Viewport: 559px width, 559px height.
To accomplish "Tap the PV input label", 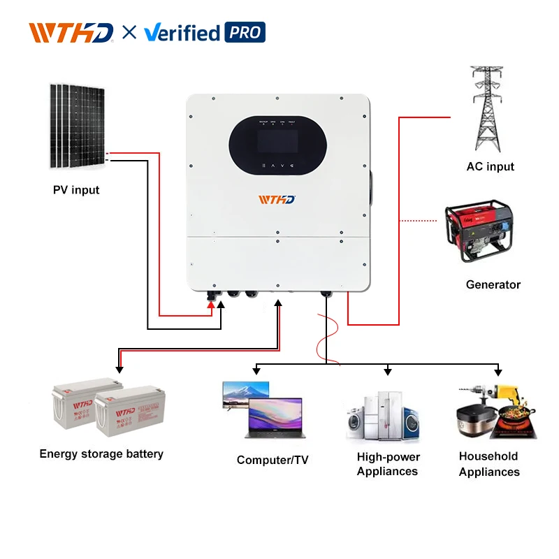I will [76, 190].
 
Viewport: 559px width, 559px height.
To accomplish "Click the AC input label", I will [490, 166].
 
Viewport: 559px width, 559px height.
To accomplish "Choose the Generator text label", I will [493, 284].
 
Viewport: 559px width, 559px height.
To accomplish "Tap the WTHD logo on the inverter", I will [277, 200].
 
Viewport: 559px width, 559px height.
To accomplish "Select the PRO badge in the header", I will [245, 33].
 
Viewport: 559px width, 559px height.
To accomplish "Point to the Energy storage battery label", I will [101, 453].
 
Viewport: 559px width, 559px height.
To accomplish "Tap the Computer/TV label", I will [273, 460].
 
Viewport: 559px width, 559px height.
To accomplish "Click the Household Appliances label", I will [488, 464].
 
